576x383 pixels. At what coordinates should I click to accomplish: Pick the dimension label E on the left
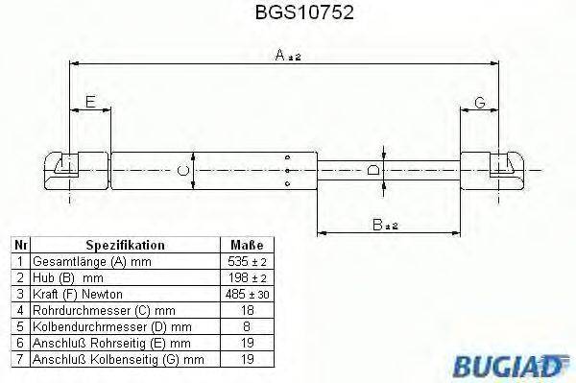coord(89,102)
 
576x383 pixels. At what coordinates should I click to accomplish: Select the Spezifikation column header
coord(126,246)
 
